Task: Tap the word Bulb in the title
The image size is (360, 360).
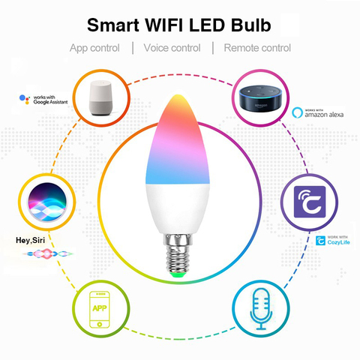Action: (x=250, y=25)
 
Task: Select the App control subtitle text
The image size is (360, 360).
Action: (x=94, y=48)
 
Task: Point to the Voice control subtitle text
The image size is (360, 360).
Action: (x=172, y=48)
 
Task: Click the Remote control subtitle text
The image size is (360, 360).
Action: (x=257, y=48)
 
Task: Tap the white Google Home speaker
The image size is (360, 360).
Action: (x=100, y=98)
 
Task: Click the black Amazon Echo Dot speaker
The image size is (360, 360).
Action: (x=260, y=100)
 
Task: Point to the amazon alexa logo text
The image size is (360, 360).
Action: (x=324, y=115)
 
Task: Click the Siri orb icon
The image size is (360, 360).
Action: (x=47, y=202)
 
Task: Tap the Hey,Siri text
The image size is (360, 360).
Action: (x=30, y=240)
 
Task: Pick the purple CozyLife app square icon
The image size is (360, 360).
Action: (x=310, y=202)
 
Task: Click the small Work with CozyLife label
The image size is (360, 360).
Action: (x=333, y=241)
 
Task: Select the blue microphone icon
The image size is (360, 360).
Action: (x=261, y=309)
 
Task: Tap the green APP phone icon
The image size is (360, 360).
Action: (x=100, y=310)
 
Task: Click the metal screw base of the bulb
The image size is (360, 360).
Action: (x=178, y=253)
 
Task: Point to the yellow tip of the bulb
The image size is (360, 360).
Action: (x=177, y=98)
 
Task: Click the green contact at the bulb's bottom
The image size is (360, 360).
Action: (x=177, y=275)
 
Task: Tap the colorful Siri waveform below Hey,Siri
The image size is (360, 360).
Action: (x=48, y=253)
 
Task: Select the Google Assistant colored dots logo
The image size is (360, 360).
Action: (x=25, y=99)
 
